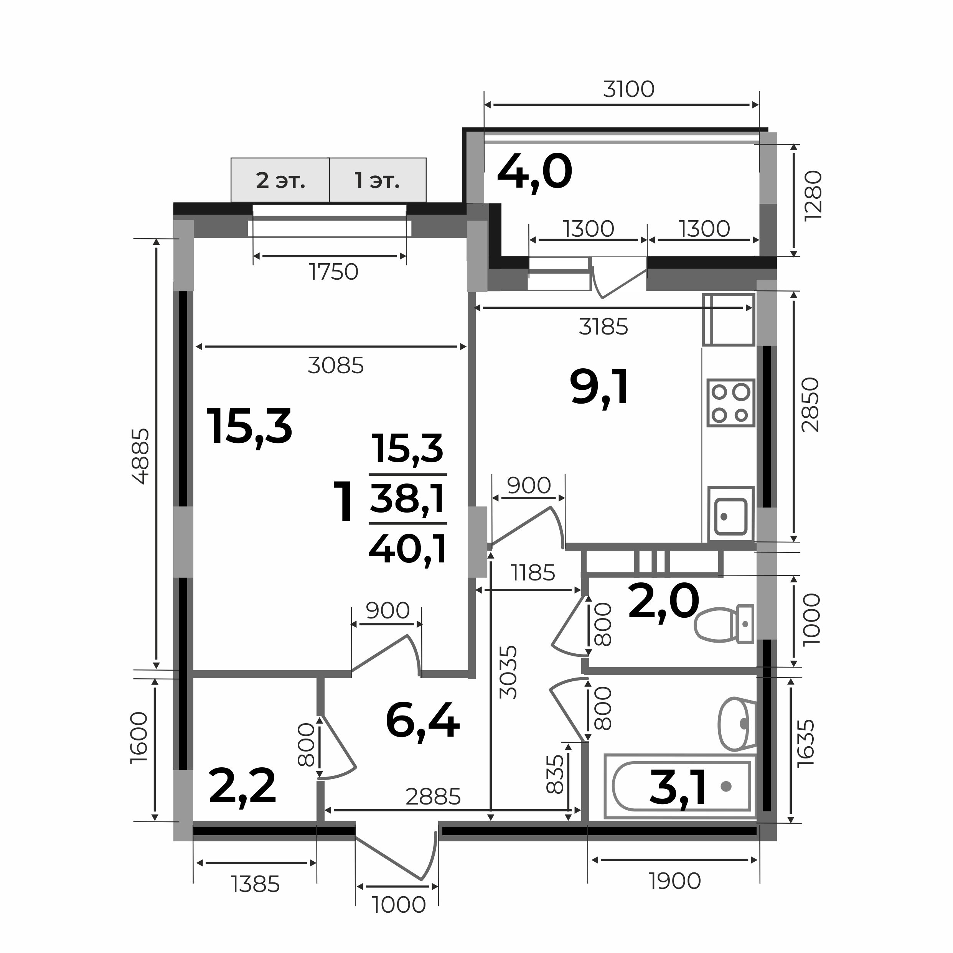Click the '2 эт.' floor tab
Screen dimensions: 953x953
pyautogui.click(x=280, y=181)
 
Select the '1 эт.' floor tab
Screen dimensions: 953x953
pyautogui.click(x=378, y=181)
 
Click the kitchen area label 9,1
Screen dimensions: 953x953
pyautogui.click(x=599, y=388)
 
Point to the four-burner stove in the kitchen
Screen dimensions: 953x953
pyautogui.click(x=730, y=402)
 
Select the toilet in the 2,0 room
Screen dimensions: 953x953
pyautogui.click(x=724, y=624)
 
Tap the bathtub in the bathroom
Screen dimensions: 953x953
pyautogui.click(x=680, y=786)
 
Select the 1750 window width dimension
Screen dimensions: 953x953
pyautogui.click(x=334, y=272)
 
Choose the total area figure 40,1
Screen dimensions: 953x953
pyautogui.click(x=408, y=549)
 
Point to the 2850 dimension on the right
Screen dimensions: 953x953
pyautogui.click(x=810, y=405)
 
